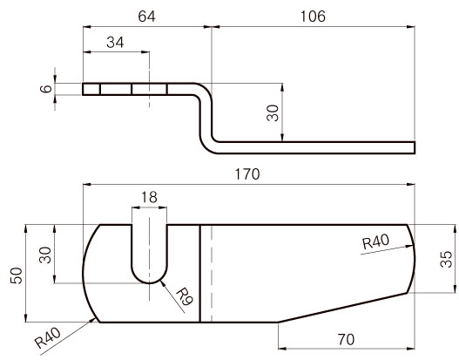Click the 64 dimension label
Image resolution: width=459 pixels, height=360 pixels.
pos(146,17)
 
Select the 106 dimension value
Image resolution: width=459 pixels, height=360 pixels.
pos(313,17)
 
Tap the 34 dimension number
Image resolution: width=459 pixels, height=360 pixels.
pos(115,43)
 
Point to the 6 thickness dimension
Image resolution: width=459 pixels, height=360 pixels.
pos(46,88)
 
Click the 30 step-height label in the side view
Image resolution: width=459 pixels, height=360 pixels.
pos(273,112)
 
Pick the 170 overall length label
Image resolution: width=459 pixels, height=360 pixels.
pos(247,174)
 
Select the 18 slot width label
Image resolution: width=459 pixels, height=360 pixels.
pos(149,197)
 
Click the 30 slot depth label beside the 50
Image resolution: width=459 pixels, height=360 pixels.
pos(45,255)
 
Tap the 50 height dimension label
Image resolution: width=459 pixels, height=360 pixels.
pos(17,275)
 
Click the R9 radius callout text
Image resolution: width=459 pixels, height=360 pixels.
pos(185,296)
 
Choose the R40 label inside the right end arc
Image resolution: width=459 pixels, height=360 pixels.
pos(376,242)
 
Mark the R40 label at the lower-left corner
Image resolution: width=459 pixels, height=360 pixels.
pos(47,337)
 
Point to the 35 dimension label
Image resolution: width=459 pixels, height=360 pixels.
pos(446,259)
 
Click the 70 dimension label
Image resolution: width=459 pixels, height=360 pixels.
pos(346,339)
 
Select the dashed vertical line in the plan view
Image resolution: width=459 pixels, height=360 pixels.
pos(212,274)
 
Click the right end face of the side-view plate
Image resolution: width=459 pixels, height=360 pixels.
pos(415,147)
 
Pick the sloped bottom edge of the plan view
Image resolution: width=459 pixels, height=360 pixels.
pos(342,308)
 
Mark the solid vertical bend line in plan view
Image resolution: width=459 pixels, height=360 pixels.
pos(200,274)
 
